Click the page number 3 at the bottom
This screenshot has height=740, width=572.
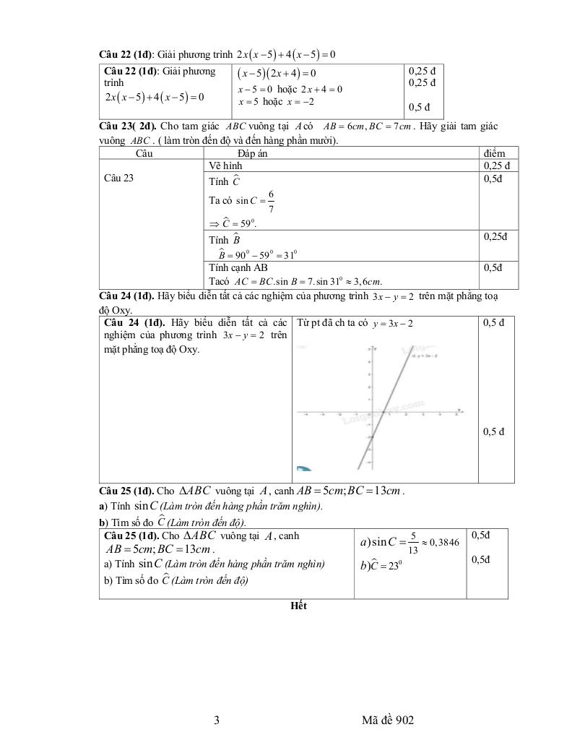[x=217, y=720]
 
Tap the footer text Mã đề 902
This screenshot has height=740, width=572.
[x=390, y=720]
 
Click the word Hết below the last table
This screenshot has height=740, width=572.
[x=298, y=606]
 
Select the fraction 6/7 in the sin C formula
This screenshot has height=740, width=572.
[x=271, y=202]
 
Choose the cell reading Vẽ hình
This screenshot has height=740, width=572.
[x=226, y=165]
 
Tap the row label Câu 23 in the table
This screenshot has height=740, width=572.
[x=119, y=178]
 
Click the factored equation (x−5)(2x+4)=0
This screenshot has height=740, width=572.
[x=278, y=74]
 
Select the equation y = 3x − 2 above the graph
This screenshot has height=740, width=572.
[x=393, y=324]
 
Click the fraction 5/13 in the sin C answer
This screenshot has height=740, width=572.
[x=413, y=541]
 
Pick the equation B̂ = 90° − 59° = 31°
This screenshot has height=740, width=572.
[x=259, y=254]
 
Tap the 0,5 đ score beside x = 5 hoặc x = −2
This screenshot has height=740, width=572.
[x=419, y=108]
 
